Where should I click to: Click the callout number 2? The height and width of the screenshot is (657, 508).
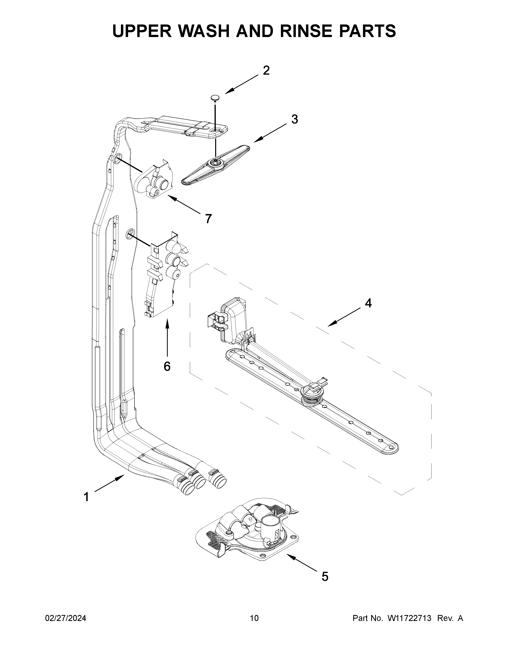266,70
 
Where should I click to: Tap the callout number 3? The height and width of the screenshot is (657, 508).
295,119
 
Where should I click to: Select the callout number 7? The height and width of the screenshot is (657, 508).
208,219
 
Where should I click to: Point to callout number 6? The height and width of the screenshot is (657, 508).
167,366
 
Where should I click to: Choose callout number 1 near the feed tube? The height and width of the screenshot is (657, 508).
86,497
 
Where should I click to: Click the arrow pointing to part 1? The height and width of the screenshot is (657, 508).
110,483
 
